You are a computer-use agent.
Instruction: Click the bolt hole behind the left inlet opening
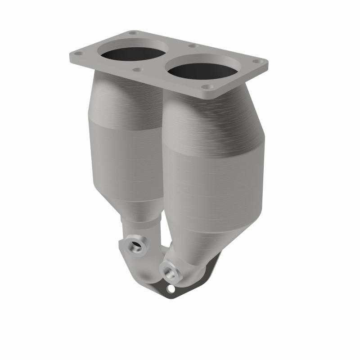pos(133,33)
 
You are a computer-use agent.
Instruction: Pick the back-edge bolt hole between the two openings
pos(193,45)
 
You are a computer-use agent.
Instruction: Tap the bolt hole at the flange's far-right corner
pos(257,62)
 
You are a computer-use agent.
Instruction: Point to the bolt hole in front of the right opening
pos(206,86)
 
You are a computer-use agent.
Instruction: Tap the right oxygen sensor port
pos(170,271)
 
